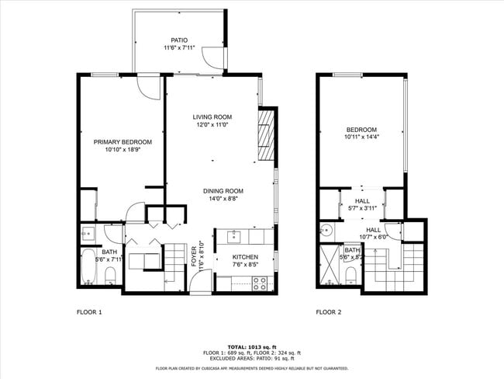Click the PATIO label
point(179,40)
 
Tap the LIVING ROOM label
point(212,117)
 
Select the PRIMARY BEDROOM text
point(123,142)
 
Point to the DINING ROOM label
point(223,191)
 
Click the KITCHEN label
point(245,257)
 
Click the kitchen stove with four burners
point(260,284)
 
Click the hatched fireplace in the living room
point(266,135)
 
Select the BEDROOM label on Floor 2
point(361,130)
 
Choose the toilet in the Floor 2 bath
point(351,274)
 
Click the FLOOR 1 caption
point(88,312)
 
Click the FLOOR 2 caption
point(328,312)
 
